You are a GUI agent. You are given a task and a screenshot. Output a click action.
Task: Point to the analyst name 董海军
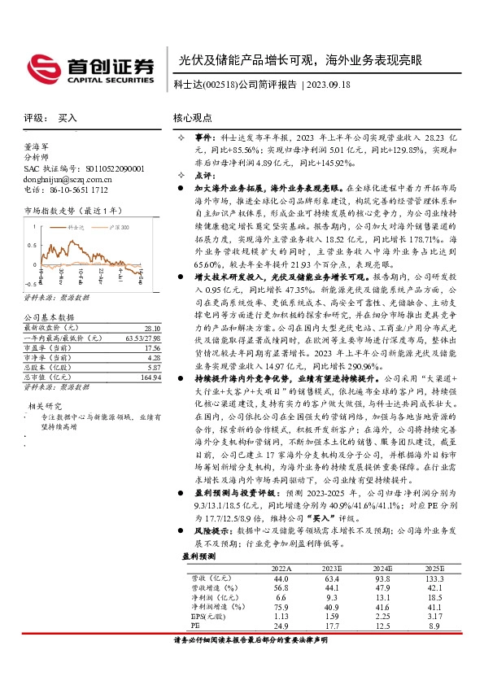click(x=37, y=147)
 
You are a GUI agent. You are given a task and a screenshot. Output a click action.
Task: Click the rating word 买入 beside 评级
click(x=68, y=118)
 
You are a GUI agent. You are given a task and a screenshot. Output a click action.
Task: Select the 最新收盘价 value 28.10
click(x=151, y=328)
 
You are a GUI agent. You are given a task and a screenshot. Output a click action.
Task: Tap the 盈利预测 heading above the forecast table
click(x=198, y=557)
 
